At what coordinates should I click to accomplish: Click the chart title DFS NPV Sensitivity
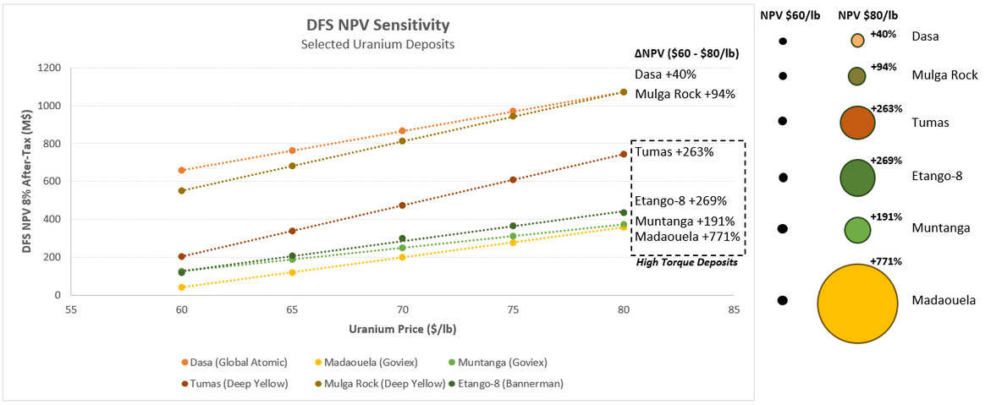[x=377, y=25]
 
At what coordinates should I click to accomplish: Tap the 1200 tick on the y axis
[x=51, y=68]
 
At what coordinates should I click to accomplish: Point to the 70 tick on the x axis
[x=402, y=309]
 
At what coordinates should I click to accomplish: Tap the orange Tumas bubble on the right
[x=856, y=122]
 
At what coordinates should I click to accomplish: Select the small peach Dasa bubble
[x=857, y=40]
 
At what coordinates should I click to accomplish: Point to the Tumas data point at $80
[x=623, y=154]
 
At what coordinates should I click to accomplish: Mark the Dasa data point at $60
[x=181, y=170]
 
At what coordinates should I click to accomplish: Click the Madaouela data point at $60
[x=181, y=287]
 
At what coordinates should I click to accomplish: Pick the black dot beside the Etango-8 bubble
[x=784, y=178]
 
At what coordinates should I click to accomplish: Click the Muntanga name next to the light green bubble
[x=937, y=228]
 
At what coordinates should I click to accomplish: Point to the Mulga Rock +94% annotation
[x=685, y=94]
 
